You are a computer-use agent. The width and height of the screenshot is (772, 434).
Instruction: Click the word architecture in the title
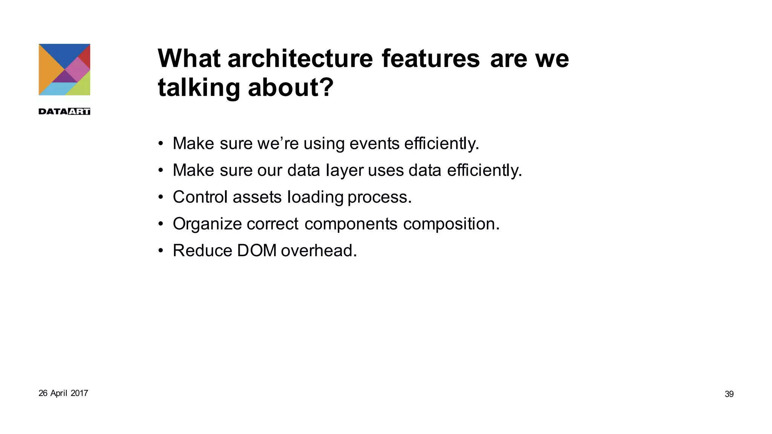pyautogui.click(x=300, y=59)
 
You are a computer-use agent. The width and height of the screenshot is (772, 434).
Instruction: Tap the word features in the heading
pyautogui.click(x=430, y=59)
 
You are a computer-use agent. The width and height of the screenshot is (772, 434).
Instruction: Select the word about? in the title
pyautogui.click(x=291, y=88)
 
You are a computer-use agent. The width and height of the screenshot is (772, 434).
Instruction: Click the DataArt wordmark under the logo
pyautogui.click(x=64, y=112)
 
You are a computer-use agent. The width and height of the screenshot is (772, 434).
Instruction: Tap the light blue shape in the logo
pyautogui.click(x=55, y=89)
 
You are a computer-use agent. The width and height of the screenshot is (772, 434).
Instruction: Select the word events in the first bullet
pyautogui.click(x=374, y=144)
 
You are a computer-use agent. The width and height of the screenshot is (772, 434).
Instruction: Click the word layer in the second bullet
pyautogui.click(x=345, y=170)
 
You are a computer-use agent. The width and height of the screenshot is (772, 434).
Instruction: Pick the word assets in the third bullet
pyautogui.click(x=257, y=197)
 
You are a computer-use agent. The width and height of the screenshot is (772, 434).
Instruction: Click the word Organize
pyautogui.click(x=207, y=224)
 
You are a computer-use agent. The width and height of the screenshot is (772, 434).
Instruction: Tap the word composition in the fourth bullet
pyautogui.click(x=451, y=224)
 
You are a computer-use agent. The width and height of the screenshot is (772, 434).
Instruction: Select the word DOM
pyautogui.click(x=257, y=251)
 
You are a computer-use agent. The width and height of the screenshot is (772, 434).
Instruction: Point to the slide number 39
pyautogui.click(x=729, y=394)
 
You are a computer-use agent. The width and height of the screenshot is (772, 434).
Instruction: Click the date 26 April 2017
pyautogui.click(x=63, y=393)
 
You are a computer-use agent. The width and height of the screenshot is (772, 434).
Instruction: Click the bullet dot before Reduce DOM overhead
pyautogui.click(x=161, y=251)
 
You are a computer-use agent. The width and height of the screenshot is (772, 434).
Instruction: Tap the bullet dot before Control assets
pyautogui.click(x=161, y=197)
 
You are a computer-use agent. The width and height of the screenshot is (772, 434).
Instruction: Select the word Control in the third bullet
pyautogui.click(x=200, y=197)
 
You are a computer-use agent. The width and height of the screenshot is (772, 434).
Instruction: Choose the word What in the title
pyautogui.click(x=189, y=59)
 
